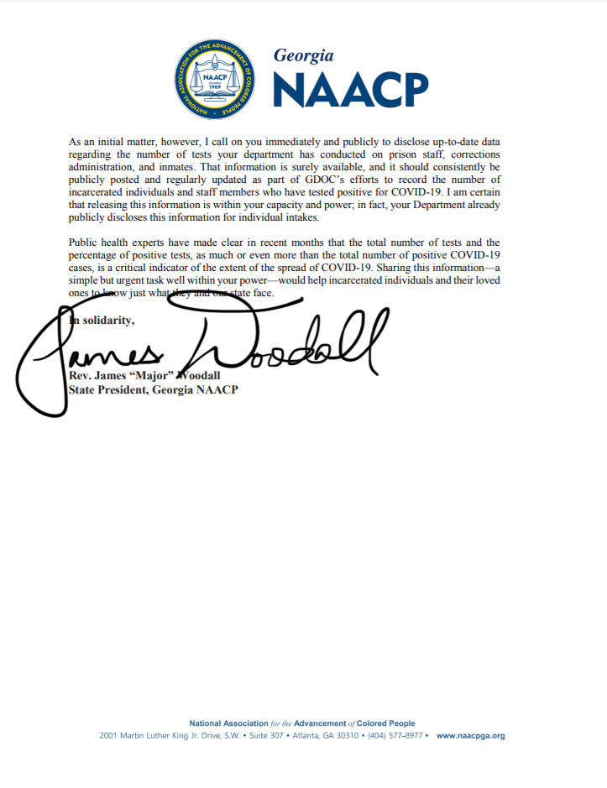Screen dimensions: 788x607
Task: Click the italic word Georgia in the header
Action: (x=304, y=55)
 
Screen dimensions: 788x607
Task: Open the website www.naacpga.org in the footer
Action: (x=471, y=736)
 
